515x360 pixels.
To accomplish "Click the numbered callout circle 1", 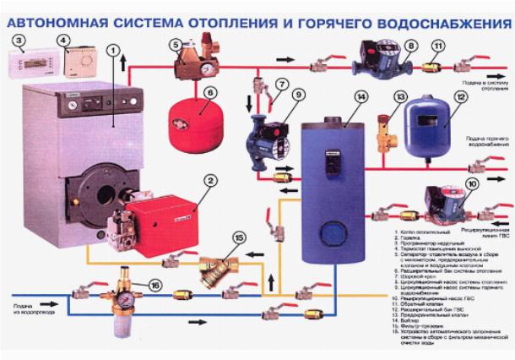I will [x=111, y=50].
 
